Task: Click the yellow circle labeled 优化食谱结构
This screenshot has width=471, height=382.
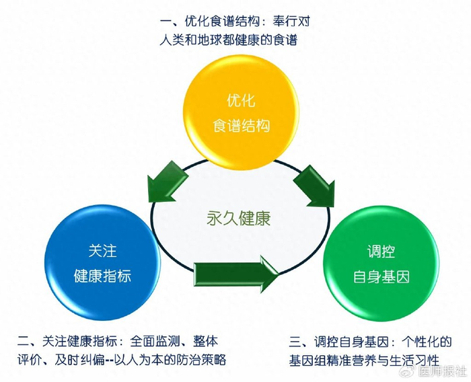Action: [241, 112]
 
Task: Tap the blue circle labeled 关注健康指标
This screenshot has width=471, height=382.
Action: [102, 263]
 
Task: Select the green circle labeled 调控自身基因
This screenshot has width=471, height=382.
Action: [381, 264]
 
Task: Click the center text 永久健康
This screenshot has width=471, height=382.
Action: [238, 219]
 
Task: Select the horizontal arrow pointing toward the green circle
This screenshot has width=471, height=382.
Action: [236, 274]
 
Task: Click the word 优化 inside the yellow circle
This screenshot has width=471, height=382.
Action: [241, 100]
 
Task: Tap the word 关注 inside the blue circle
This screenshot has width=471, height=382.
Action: [102, 250]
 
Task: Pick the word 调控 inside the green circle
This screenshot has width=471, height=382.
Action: [381, 251]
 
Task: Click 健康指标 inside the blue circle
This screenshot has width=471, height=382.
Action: [102, 276]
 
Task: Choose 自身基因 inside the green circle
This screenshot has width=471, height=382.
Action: [381, 276]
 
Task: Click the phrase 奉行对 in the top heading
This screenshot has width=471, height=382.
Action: [291, 21]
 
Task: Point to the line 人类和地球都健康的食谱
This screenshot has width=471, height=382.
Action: [228, 40]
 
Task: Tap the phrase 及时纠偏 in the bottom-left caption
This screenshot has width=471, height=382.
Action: [79, 360]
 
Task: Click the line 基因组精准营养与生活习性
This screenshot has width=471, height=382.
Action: [365, 360]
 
